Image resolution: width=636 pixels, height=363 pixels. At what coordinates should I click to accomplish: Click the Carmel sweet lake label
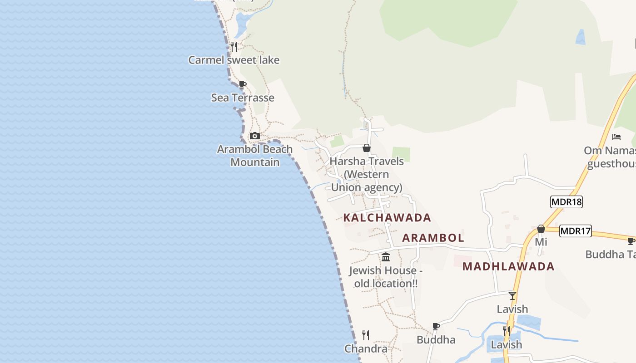pos(234,60)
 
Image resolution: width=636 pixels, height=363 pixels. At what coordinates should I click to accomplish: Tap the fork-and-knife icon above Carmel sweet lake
pos(234,46)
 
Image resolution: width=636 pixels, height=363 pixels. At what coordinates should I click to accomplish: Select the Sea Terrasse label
pos(243,98)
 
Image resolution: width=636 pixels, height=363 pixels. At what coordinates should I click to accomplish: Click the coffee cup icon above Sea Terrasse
pos(243,84)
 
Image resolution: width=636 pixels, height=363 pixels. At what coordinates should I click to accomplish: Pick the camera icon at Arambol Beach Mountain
pos(255,136)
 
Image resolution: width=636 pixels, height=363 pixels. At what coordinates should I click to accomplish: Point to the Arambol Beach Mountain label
pos(255,156)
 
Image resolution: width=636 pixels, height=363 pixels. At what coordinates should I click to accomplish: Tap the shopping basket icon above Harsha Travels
pos(367,148)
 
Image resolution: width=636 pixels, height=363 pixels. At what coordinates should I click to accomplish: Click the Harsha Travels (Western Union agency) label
pos(367,174)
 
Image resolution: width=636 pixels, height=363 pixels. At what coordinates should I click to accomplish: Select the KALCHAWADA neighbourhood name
pos(387,218)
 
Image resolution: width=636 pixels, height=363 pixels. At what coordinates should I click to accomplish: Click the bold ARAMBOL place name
pos(433,238)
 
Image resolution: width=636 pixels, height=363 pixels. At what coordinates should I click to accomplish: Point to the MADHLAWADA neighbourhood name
pos(508,266)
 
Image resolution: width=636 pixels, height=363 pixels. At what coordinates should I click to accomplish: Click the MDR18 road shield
pos(566,202)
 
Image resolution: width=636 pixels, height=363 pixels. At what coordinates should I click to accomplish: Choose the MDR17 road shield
pos(575,231)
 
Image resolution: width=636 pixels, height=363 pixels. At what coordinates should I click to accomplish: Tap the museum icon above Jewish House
pos(386,257)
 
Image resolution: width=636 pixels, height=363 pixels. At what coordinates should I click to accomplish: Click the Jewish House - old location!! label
pos(386,277)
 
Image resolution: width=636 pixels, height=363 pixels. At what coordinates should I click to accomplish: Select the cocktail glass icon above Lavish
pos(512,296)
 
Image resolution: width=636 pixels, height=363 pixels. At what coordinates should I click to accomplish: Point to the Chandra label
pos(366,348)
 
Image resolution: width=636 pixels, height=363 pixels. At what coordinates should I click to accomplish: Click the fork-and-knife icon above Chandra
pos(366,335)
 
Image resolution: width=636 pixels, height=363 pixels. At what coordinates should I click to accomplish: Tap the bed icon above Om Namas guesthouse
pos(616,137)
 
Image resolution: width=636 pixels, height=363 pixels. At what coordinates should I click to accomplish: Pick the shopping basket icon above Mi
pos(541,229)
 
